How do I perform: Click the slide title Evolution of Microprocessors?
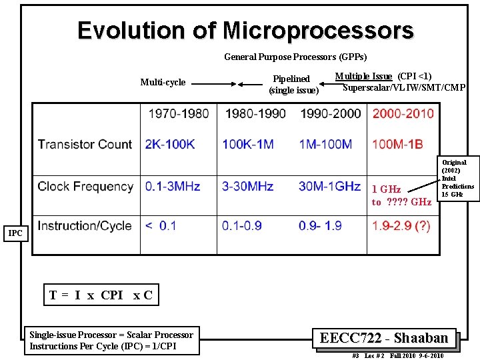(x=245, y=31)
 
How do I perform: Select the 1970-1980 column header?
(x=178, y=114)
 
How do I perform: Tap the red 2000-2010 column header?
(x=403, y=114)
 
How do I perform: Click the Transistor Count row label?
(x=85, y=144)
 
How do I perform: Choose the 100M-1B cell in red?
(x=397, y=144)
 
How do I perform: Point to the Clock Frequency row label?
(x=85, y=187)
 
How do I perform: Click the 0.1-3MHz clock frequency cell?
(x=173, y=187)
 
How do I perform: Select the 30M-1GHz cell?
(x=329, y=187)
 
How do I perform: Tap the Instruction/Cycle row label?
(x=85, y=226)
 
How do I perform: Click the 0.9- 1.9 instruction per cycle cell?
(x=320, y=226)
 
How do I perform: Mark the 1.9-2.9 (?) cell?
(x=401, y=226)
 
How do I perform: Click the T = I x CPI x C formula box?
(x=101, y=295)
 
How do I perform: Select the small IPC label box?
(x=15, y=233)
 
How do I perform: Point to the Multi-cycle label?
(x=163, y=83)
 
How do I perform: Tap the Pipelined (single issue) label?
(x=293, y=85)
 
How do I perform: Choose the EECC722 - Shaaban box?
(x=383, y=338)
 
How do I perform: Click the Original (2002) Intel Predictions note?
(x=457, y=178)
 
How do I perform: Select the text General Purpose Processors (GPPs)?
(x=295, y=57)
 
